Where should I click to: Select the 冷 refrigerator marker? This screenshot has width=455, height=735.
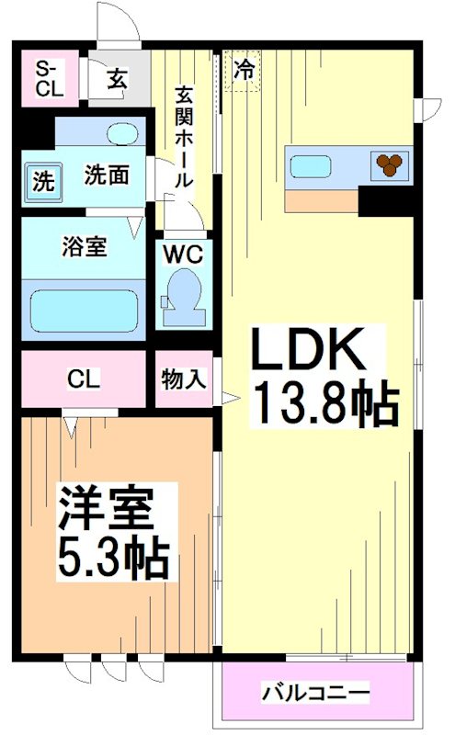[x=244, y=69]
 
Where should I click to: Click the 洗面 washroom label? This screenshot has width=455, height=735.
[x=106, y=175]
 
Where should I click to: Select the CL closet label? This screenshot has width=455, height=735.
[x=84, y=378]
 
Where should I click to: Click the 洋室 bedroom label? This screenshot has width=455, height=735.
[x=107, y=508]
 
